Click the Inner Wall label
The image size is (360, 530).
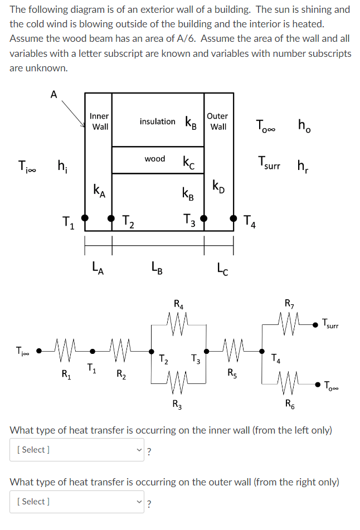tap(100, 121)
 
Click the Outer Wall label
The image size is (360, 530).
tap(217, 121)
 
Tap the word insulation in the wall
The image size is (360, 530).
tap(157, 121)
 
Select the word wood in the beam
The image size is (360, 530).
tap(154, 159)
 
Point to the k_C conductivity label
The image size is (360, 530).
tap(188, 161)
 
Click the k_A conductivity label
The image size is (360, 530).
tap(99, 189)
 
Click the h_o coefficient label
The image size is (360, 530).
tap(304, 127)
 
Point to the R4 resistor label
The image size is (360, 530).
tap(178, 304)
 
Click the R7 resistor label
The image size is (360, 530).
tap(289, 304)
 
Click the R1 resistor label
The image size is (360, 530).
tap(65, 373)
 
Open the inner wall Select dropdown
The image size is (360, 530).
tap(77, 450)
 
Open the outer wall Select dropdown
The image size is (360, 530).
tap(77, 502)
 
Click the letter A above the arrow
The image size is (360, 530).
tap(53, 94)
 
